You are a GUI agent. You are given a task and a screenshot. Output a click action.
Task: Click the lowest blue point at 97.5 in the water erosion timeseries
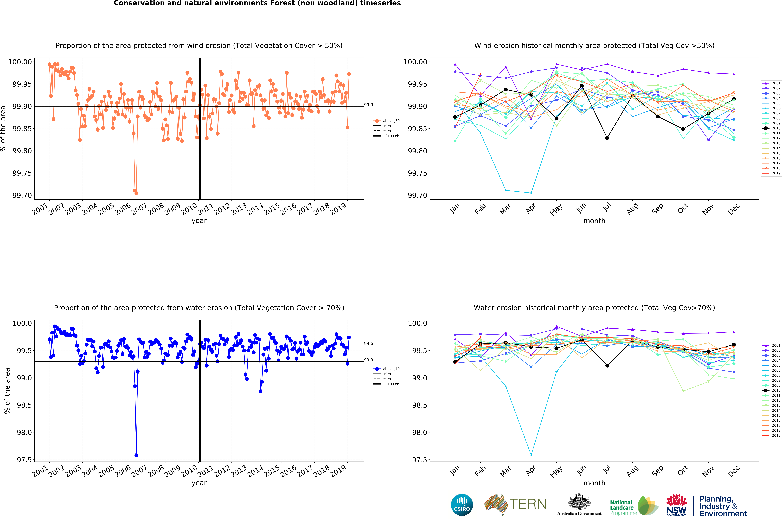pos(136,455)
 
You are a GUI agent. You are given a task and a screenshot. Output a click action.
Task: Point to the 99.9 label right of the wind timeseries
pos(369,105)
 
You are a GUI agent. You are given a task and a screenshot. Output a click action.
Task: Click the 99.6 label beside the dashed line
pos(369,344)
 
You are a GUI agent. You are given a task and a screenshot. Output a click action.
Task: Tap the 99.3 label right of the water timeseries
pos(369,360)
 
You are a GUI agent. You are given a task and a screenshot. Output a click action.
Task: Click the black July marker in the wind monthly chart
pos(607,138)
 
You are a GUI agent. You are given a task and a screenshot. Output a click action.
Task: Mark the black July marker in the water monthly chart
pos(607,366)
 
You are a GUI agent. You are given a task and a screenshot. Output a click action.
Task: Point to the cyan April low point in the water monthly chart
pos(531,455)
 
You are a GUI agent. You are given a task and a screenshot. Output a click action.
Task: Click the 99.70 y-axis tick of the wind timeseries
pos(22,196)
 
